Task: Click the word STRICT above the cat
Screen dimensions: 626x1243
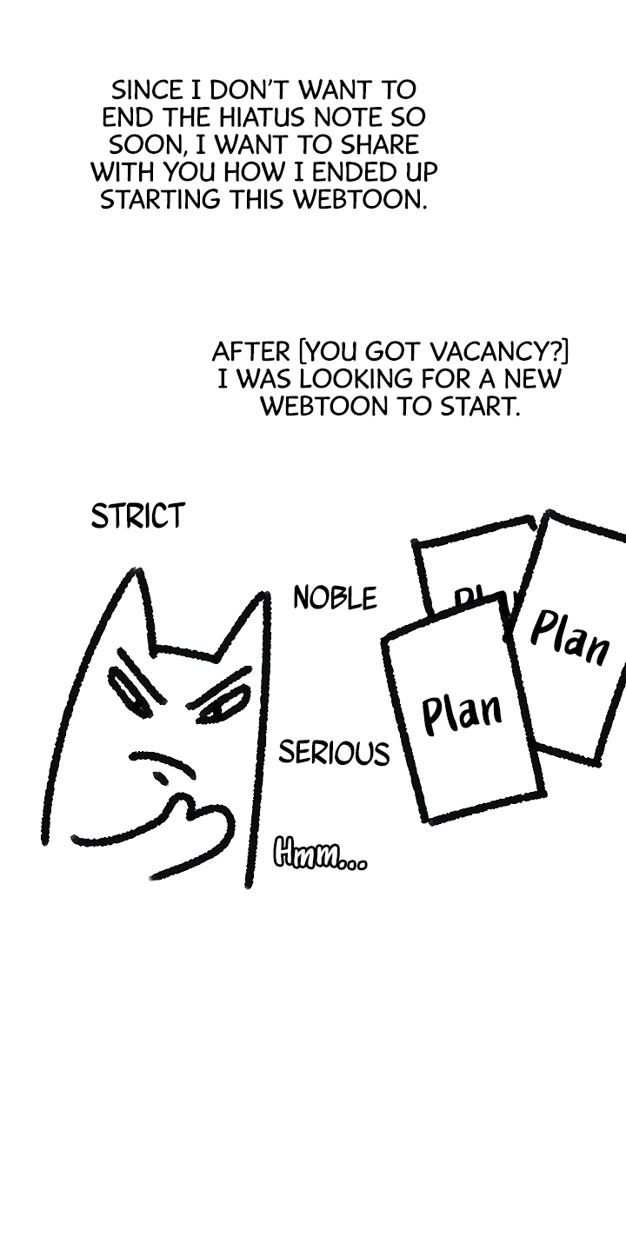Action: (137, 515)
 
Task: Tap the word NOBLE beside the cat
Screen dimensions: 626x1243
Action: (336, 598)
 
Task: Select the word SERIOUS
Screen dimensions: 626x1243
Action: (334, 753)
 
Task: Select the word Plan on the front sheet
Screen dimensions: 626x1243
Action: (462, 715)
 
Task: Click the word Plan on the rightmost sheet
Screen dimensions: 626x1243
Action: (569, 638)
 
